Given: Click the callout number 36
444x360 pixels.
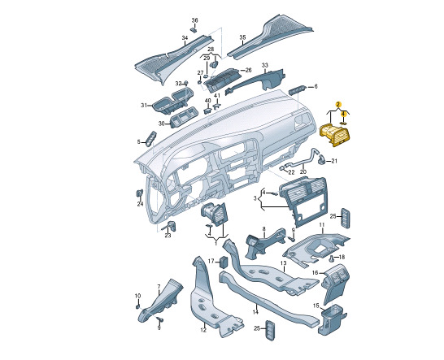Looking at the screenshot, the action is click(195, 20).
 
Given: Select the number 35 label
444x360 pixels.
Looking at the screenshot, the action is click(242, 37).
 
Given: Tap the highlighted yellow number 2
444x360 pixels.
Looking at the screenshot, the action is click(337, 104).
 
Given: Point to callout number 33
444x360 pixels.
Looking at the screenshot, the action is click(264, 65).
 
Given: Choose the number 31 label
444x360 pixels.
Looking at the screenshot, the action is click(144, 106).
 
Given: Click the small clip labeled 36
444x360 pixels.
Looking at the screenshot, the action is click(194, 29).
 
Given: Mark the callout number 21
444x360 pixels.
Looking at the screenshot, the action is click(334, 161).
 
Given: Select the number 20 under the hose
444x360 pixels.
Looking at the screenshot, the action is click(303, 171).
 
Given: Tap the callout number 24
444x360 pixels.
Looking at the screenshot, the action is click(140, 204).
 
